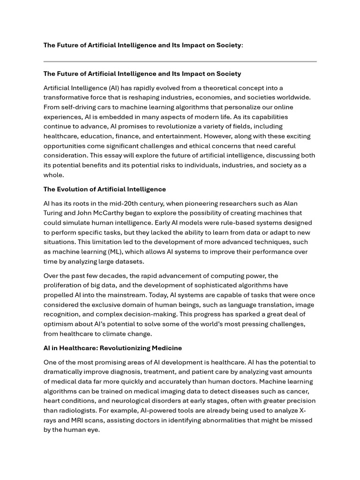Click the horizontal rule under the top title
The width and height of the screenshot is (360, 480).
pos(180,61)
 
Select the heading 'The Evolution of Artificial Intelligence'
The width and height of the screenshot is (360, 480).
pos(105,189)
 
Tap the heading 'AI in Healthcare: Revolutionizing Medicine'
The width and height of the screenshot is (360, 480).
pos(112,348)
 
